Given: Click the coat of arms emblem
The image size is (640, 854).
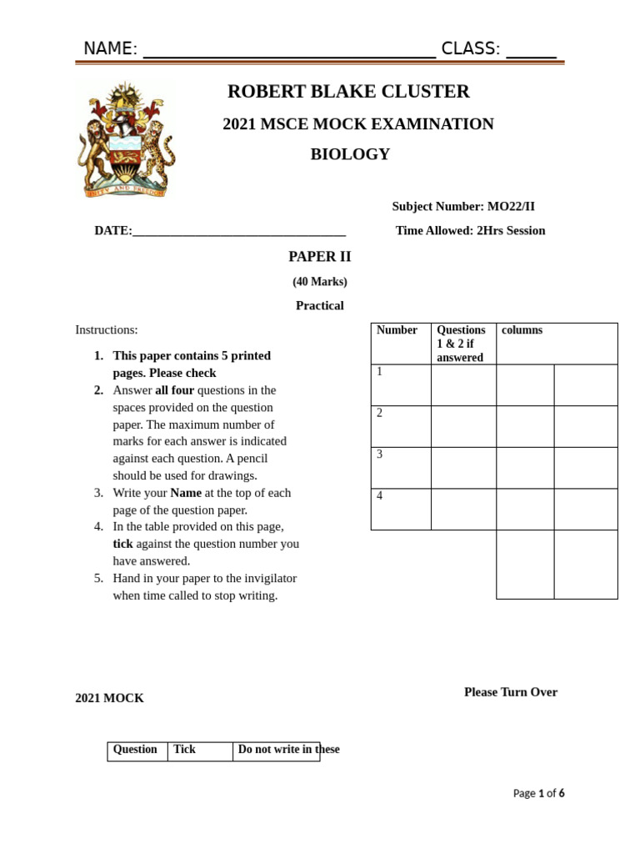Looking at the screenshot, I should point(126,139).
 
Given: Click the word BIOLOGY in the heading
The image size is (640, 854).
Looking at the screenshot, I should point(350,154).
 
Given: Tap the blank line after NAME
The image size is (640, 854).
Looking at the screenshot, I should point(289,52).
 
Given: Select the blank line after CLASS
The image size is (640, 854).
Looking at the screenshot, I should point(531,52).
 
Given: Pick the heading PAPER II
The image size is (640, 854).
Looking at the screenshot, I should point(320,257).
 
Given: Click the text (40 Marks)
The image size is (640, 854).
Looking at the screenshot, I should point(320,282).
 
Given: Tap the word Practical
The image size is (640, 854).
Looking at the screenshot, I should point(320,306).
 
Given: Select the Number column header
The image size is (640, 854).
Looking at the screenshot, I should point(397,330).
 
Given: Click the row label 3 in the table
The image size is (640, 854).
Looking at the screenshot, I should point(380,455).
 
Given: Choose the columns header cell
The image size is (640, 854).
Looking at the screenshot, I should point(522,330).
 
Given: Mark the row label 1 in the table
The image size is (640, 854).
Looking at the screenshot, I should point(380,372).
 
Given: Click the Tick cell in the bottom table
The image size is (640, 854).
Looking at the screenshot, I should point(185,750).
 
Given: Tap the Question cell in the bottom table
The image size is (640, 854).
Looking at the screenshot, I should point(135,750).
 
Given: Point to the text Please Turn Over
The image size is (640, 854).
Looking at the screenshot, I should point(511,692).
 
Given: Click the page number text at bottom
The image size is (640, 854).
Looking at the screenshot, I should point(538,793).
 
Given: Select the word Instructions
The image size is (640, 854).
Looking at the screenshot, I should point(107,330).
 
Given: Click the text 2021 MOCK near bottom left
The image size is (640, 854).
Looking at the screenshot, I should point(109,698).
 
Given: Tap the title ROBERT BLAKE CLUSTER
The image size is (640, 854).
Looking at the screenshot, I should point(348,92).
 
